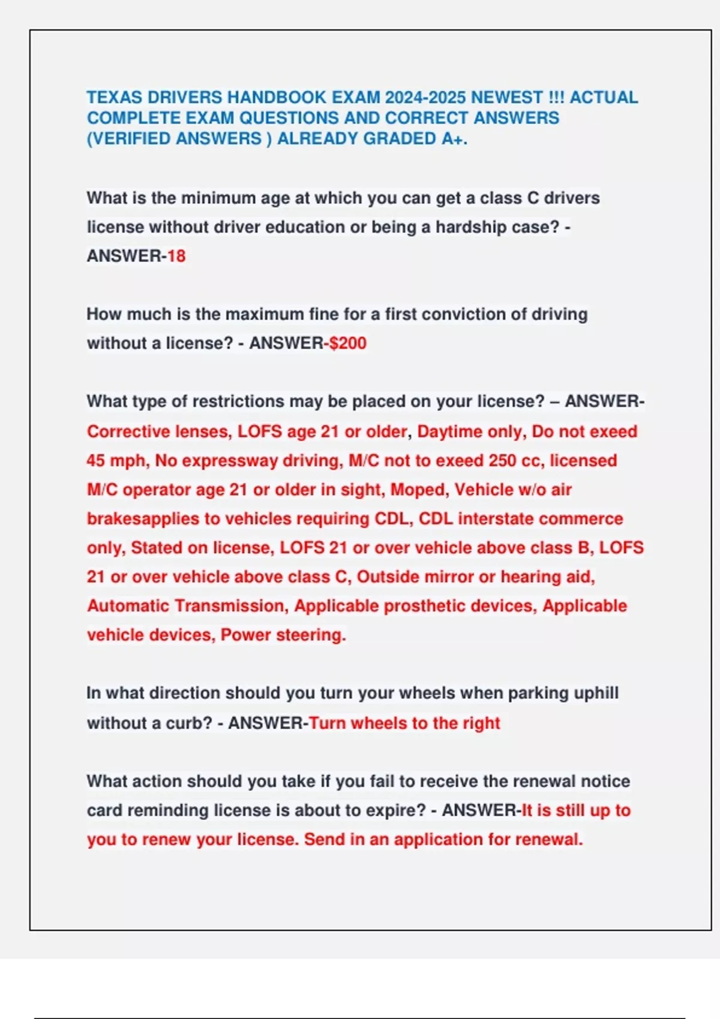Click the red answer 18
[x=176, y=256]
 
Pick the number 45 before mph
[x=96, y=460]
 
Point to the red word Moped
[x=419, y=490]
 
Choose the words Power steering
[x=283, y=635]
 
